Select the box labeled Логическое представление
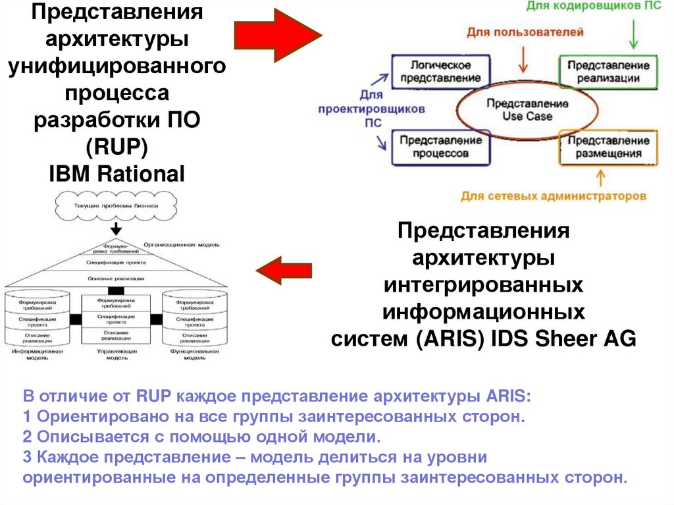[x=440, y=72]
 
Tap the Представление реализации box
[x=608, y=72]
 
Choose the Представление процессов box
[x=440, y=146]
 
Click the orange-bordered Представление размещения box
[x=608, y=147]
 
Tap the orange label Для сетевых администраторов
[x=552, y=196]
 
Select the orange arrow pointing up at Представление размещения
[x=600, y=177]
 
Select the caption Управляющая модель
[x=117, y=356]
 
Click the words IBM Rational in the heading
[x=117, y=173]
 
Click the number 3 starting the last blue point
[x=27, y=456]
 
